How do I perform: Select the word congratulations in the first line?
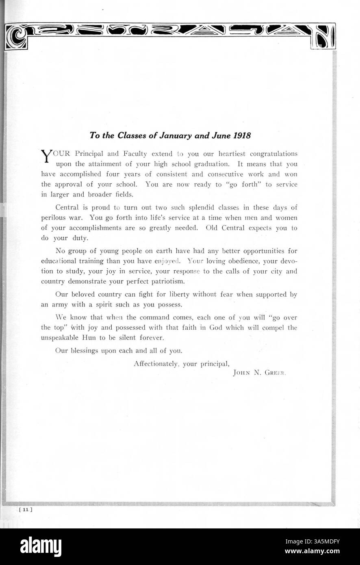(273, 154)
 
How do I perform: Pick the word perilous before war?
(55, 217)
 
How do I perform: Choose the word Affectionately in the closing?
(156, 364)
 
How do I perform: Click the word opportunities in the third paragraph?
(262, 250)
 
